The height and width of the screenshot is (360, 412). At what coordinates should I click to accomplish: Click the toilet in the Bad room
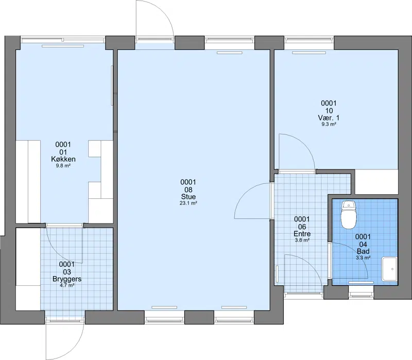349,215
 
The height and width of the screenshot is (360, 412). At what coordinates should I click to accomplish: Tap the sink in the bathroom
389,269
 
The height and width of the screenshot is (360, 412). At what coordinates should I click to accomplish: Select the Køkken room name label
63,159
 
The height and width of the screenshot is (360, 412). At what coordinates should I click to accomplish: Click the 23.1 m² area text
188,203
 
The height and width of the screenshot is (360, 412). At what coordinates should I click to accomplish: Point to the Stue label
188,197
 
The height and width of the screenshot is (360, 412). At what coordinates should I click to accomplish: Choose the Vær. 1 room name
329,117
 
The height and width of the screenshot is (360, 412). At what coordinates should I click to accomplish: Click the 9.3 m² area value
329,124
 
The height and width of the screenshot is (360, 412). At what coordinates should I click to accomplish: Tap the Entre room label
302,234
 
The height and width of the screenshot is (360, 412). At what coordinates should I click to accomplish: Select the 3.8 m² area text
302,240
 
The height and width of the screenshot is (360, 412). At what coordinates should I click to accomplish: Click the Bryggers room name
67,279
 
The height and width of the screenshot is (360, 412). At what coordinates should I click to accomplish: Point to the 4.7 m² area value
67,286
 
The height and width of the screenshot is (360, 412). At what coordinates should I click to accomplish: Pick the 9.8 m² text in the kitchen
63,166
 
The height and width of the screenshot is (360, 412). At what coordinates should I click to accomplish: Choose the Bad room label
363,251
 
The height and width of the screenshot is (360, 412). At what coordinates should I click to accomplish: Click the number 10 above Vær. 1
329,110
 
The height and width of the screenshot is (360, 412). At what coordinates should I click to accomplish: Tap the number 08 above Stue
188,190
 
